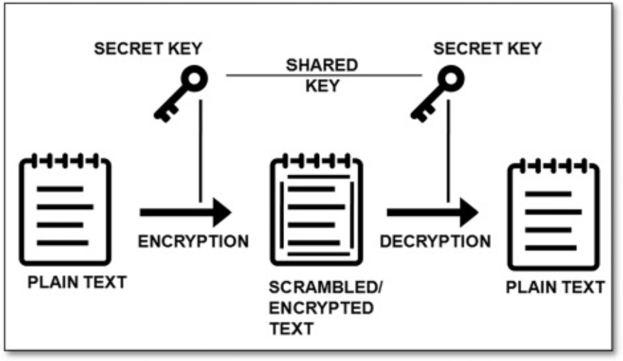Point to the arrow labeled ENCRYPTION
point(186,212)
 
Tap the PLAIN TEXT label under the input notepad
point(78,282)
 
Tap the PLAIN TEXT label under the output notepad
point(556,287)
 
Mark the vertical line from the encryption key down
point(200,151)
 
